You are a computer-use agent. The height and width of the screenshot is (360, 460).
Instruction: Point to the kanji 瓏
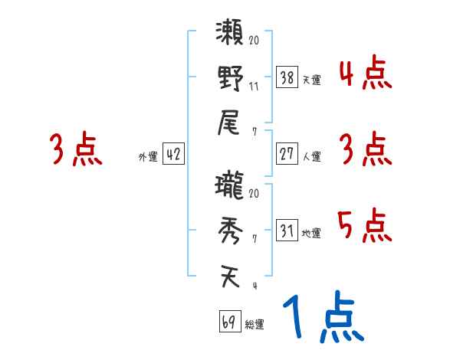(x=230, y=187)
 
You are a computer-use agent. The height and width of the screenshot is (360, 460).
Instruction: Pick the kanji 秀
(x=230, y=231)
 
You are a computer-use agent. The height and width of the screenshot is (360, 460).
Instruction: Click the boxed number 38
(x=287, y=77)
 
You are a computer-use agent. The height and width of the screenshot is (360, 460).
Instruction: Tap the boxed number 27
(x=287, y=154)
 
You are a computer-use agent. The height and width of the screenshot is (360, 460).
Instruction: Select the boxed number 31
(x=287, y=231)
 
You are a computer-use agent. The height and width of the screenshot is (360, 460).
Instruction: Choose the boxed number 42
(x=173, y=154)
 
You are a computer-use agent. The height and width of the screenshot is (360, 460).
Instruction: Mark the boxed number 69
(x=229, y=322)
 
